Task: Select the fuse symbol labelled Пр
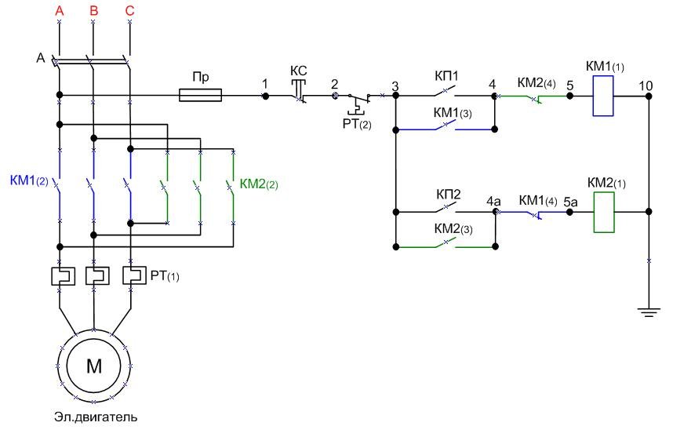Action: (201, 96)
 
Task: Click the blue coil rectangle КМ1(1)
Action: (602, 97)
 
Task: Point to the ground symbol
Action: (648, 312)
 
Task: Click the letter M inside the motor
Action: (94, 366)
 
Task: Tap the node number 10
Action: (646, 84)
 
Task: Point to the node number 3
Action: (395, 85)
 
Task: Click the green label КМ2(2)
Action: (259, 185)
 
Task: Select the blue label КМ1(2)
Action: (29, 180)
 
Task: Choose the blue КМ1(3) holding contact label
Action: (453, 113)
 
